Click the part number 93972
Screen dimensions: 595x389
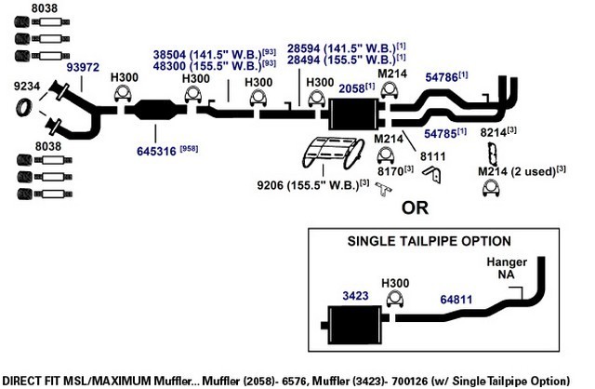point(83,67)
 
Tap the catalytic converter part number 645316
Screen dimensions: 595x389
point(156,151)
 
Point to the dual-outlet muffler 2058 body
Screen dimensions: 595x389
point(354,114)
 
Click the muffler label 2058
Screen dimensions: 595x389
point(351,88)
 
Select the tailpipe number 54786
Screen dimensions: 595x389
point(442,77)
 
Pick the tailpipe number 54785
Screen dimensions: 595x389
point(440,134)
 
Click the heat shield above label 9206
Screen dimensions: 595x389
point(334,153)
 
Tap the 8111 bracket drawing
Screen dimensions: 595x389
point(432,175)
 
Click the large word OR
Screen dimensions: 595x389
point(415,208)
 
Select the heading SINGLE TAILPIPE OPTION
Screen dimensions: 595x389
point(430,241)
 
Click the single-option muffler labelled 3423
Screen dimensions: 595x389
point(354,325)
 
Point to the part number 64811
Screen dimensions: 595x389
point(456,300)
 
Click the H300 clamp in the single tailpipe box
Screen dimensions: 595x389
point(394,300)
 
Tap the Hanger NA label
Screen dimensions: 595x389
point(507,268)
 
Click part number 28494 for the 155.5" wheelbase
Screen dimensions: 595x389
point(304,60)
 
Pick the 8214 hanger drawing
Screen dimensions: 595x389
point(493,154)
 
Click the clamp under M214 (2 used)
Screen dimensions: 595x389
point(491,188)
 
